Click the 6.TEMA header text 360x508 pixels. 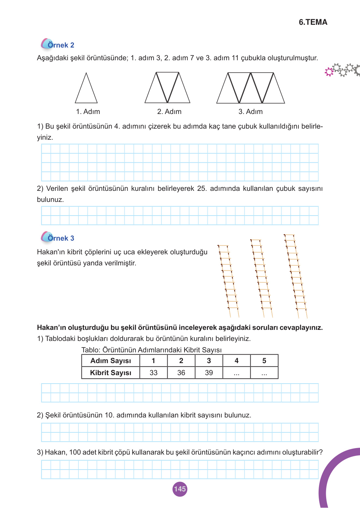(313, 22)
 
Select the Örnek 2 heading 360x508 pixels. (61, 45)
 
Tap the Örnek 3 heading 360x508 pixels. (61, 238)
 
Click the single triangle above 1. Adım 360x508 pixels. (86, 90)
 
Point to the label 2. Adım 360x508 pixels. (169, 112)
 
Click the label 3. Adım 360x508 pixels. (250, 112)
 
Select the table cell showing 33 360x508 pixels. (153, 373)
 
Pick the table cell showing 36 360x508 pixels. (181, 373)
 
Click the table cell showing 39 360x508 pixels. (209, 373)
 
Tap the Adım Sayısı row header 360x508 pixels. (111, 361)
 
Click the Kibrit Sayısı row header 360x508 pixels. (111, 373)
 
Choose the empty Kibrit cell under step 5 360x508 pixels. (264, 373)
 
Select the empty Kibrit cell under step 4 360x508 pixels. (236, 373)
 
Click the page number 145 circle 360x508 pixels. (180, 489)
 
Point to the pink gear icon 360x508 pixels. (329, 72)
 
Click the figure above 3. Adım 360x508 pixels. (251, 88)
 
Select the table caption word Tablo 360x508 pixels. (90, 350)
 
